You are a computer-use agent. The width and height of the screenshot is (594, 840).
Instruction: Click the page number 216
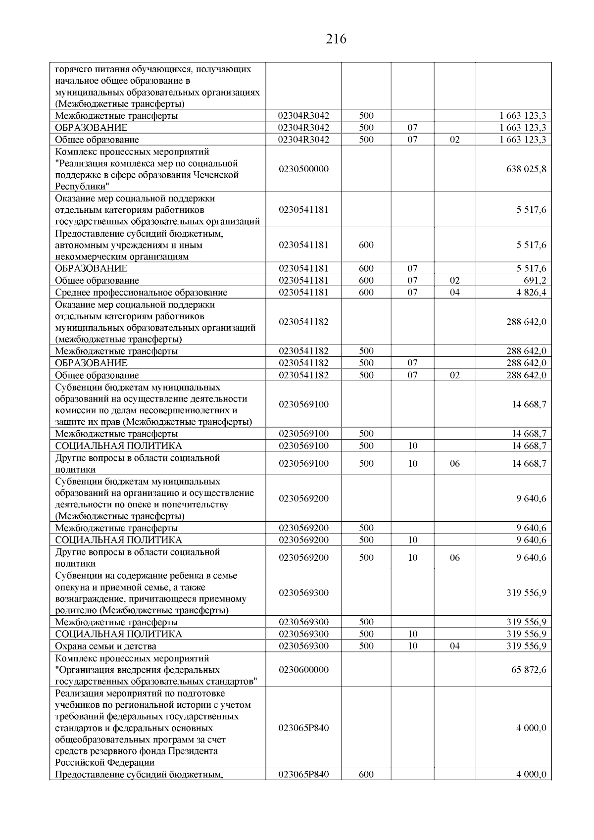(x=336, y=39)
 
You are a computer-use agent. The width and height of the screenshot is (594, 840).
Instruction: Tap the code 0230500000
(x=303, y=169)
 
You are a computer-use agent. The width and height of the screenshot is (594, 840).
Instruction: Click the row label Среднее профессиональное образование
(x=141, y=292)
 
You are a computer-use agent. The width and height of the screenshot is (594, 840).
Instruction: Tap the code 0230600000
(x=303, y=670)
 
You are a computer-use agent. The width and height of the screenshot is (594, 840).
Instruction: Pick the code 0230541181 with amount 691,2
(x=303, y=280)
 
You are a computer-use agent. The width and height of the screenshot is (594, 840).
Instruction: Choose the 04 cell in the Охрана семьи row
(x=454, y=646)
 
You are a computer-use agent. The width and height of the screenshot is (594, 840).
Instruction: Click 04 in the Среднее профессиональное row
(x=454, y=292)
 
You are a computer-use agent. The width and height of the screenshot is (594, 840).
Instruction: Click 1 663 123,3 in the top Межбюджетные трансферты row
(x=523, y=116)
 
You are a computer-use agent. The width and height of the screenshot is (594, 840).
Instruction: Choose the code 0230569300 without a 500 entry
(x=303, y=593)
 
